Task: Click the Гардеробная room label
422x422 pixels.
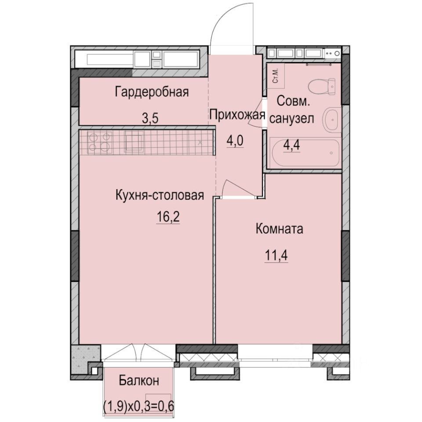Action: tap(152, 92)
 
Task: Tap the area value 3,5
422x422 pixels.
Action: tap(150, 118)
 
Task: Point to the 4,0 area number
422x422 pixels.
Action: tap(235, 141)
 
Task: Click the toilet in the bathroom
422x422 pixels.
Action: tap(322, 87)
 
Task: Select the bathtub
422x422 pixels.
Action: tap(306, 153)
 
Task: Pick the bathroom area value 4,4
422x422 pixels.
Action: tap(291, 146)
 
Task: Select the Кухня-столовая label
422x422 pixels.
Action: tap(160, 195)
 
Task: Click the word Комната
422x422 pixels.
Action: tap(280, 229)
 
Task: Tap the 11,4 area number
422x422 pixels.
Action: tap(276, 255)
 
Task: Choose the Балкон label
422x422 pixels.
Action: tap(139, 381)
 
